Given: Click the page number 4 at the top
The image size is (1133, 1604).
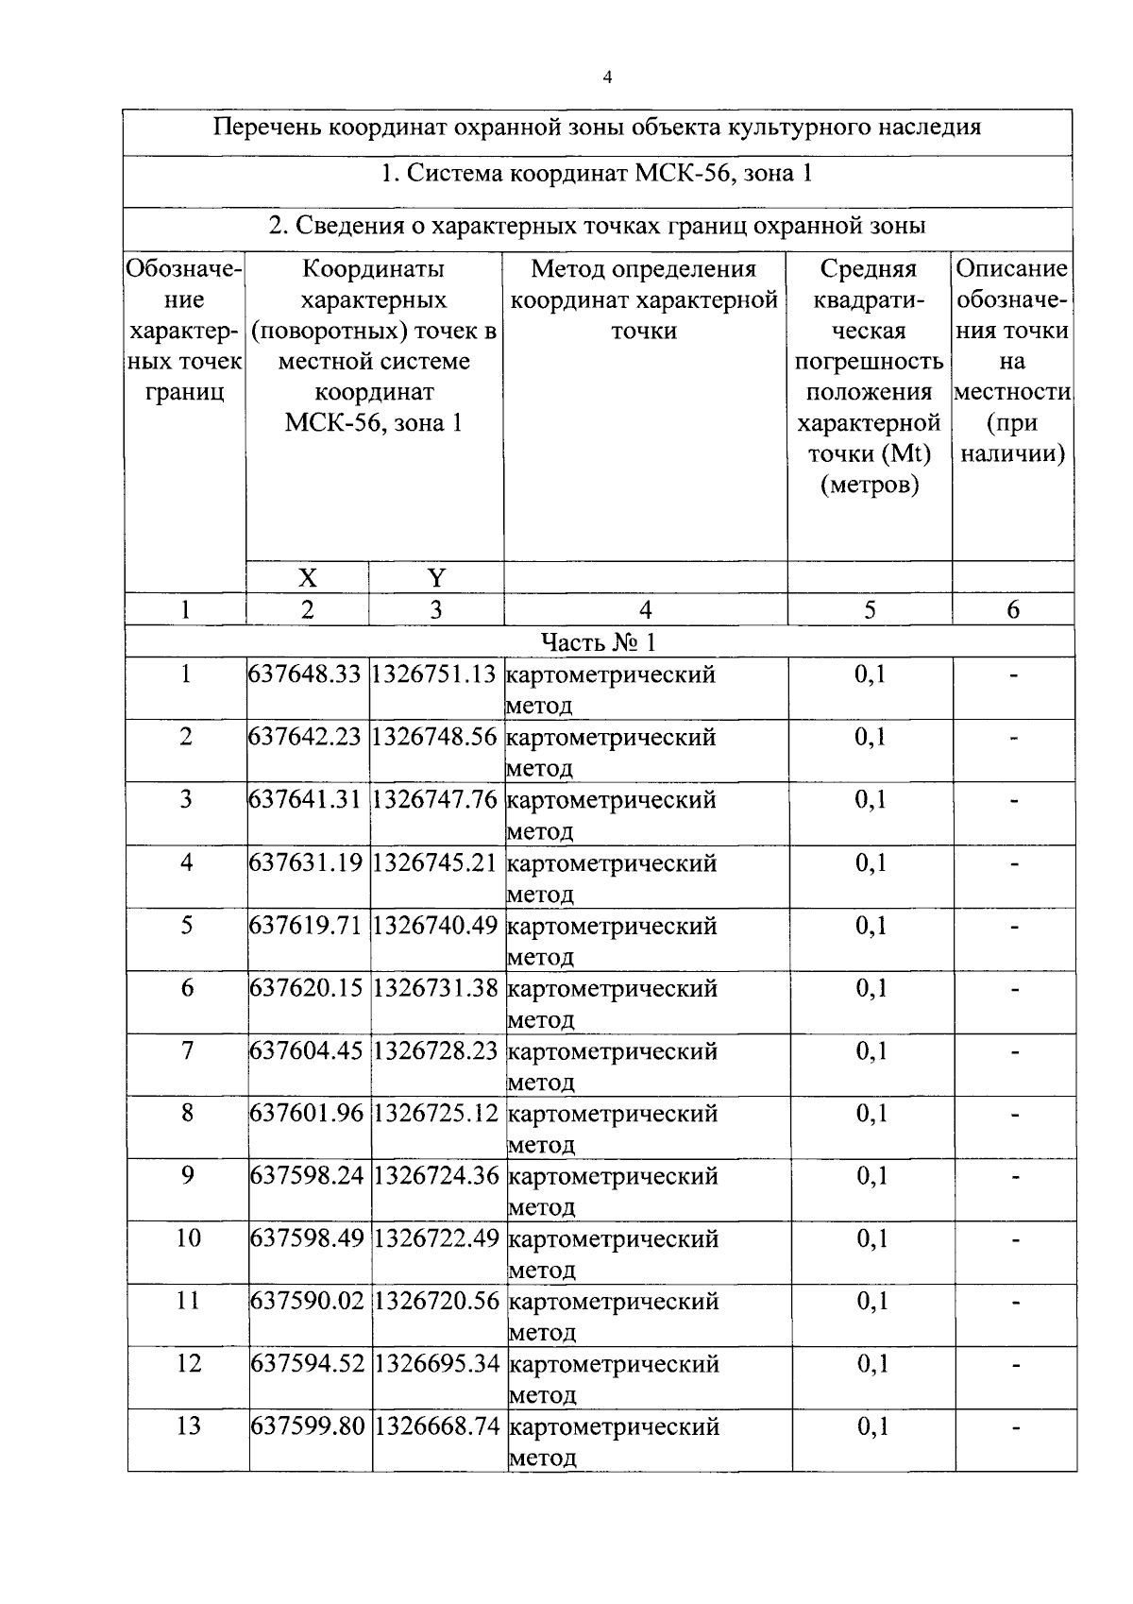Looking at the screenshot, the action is coord(606,79).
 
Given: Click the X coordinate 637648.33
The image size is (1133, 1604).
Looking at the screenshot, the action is coord(305,674).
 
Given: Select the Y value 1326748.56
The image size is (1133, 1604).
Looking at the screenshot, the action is coord(434,737).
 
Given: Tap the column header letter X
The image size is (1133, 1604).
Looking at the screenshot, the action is coord(307,578).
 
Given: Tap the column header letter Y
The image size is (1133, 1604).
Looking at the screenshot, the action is coord(435,578).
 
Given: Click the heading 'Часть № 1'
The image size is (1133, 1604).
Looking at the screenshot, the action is coord(599,642).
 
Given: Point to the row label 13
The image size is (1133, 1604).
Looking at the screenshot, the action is coord(188,1425).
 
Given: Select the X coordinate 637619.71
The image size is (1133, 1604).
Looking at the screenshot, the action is coord(306,926).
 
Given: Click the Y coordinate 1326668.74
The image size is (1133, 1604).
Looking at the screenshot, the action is coord(436,1425).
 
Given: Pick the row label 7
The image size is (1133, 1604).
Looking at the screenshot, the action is coord(187,1050).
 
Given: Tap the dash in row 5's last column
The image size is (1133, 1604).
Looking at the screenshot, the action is coord(1014,927).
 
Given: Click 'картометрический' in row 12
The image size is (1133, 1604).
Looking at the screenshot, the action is coord(614,1364).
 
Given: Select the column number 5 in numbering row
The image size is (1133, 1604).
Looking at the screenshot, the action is coord(869,610).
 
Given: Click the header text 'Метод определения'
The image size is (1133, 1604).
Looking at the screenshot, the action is coord(644,269).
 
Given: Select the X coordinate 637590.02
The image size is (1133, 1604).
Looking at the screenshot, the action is coord(307,1301).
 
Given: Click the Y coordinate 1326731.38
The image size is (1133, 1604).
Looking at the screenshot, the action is coord(435,988).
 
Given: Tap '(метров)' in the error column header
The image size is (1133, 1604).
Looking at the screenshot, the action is coord(869,486).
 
